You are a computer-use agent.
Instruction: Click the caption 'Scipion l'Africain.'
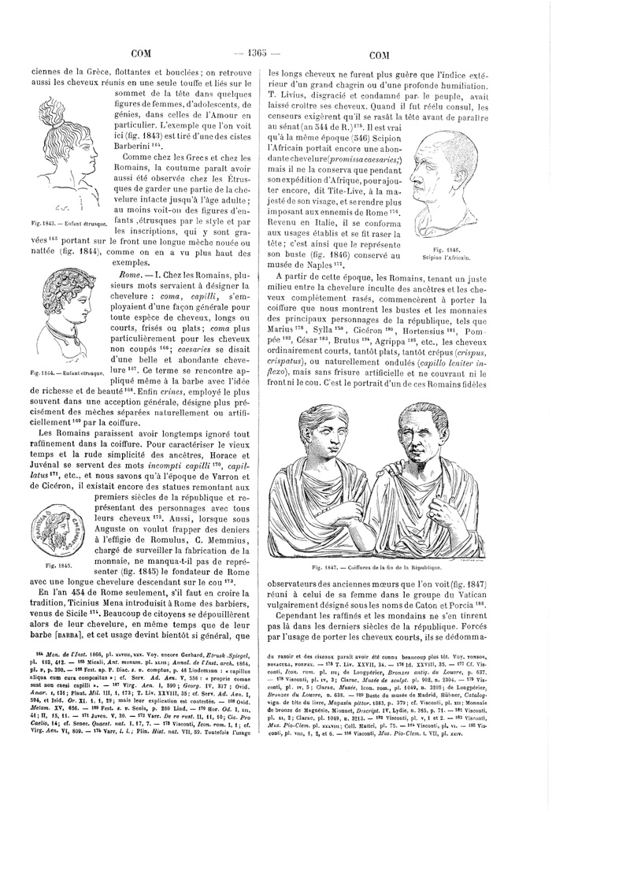447,258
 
